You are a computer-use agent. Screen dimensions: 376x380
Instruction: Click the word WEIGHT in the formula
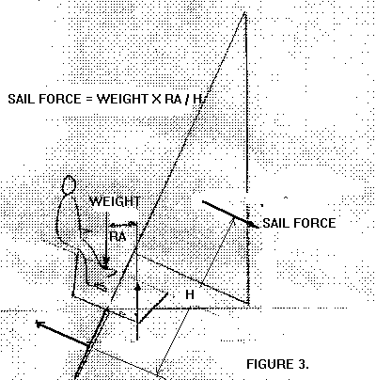tap(122, 99)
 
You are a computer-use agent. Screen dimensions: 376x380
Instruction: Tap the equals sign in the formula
tap(88, 100)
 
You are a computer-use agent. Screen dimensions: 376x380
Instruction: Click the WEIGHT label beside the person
tap(115, 201)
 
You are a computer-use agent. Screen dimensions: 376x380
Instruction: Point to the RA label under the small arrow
tap(117, 236)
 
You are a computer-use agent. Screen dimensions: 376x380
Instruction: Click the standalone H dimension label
tap(190, 294)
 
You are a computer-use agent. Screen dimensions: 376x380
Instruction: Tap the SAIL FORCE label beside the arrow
tap(299, 223)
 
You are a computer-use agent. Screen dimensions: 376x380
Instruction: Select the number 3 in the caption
tap(300, 364)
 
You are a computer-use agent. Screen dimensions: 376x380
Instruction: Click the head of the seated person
tap(69, 185)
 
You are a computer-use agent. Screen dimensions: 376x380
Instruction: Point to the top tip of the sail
tap(244, 12)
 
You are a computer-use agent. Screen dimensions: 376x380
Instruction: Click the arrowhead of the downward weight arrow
tap(106, 261)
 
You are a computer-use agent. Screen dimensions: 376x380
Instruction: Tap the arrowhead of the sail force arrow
tap(253, 225)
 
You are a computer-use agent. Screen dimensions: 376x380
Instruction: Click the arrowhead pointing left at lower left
tap(39, 324)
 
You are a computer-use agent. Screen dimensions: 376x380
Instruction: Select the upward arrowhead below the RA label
tap(137, 287)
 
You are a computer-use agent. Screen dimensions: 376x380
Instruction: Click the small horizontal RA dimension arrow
tap(122, 224)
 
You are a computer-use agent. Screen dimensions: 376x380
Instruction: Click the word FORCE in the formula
tap(60, 99)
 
